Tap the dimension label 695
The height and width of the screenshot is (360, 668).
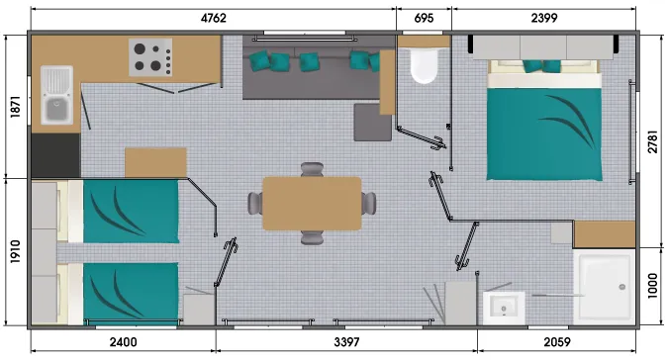[424, 17]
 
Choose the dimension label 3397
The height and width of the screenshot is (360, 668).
[345, 342]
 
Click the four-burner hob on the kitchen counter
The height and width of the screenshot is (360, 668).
[149, 56]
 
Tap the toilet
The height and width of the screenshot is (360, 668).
[424, 64]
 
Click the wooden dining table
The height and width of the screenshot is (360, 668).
[312, 203]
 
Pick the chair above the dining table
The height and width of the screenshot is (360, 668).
[313, 170]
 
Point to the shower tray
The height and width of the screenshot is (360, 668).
[603, 286]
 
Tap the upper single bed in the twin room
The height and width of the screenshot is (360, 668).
[124, 210]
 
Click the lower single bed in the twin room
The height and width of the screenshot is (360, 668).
[124, 292]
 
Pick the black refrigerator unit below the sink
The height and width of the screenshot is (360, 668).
[55, 153]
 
